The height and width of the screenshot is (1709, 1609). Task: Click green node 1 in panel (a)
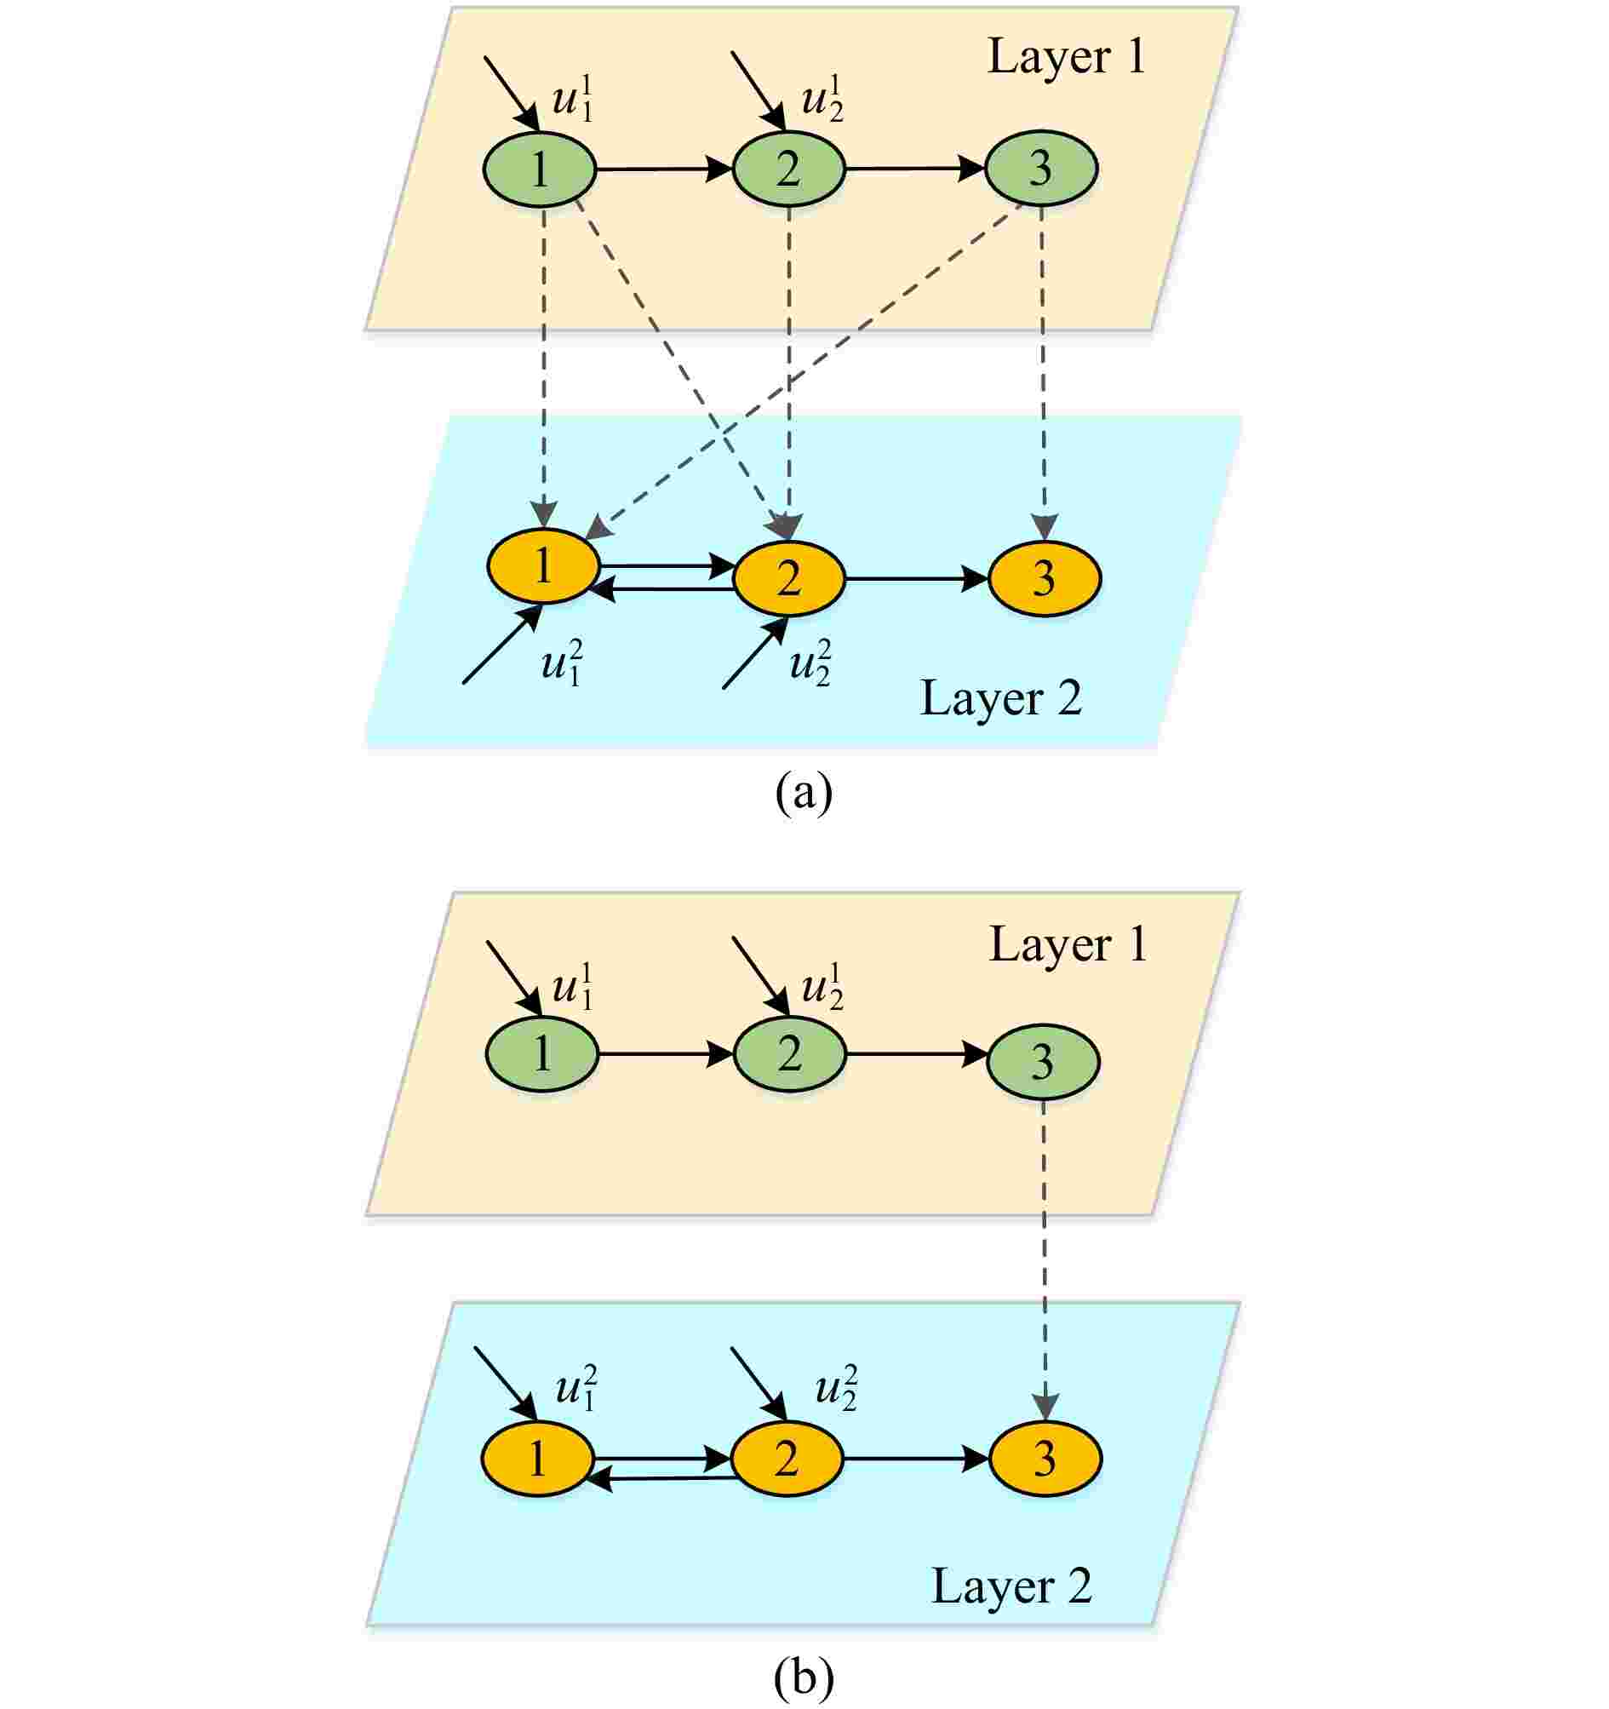[x=539, y=169]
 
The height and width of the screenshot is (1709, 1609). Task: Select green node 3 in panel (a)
[x=1040, y=169]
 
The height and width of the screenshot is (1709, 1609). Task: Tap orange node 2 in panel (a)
[x=788, y=578]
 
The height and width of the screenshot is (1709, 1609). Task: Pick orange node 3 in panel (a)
[x=1044, y=578]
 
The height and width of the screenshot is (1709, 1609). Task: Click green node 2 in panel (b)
[x=789, y=1054]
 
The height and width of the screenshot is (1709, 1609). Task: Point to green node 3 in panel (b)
[x=1042, y=1062]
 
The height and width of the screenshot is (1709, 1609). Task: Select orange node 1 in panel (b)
[x=537, y=1459]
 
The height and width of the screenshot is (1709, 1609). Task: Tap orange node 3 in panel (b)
[x=1045, y=1459]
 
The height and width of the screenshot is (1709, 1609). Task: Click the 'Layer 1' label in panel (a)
[x=1067, y=57]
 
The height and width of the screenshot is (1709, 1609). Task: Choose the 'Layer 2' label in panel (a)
[x=1000, y=698]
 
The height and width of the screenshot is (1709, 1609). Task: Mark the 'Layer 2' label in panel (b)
[x=1011, y=1586]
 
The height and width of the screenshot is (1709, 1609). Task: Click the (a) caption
[x=804, y=793]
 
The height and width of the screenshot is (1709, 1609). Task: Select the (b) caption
[x=804, y=1677]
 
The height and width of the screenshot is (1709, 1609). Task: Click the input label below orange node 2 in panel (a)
[x=810, y=662]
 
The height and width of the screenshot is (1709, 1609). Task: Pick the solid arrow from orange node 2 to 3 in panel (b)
[x=915, y=1458]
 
